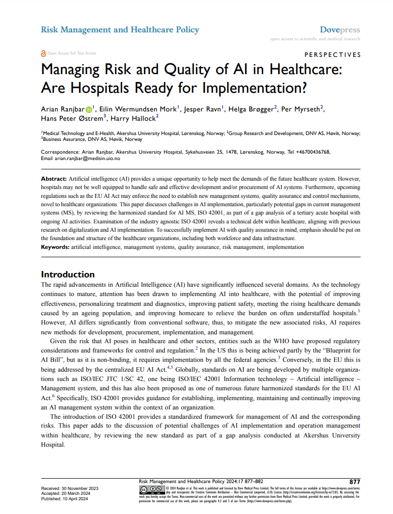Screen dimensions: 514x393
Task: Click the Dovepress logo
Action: (340, 30)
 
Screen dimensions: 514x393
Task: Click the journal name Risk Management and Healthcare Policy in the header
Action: (120, 30)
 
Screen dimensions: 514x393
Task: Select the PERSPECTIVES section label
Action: (333, 55)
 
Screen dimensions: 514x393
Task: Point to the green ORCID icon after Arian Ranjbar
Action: (89, 109)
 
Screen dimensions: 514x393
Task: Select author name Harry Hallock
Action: (136, 119)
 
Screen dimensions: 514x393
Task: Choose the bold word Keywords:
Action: (55, 247)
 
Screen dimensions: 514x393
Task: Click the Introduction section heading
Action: (68, 274)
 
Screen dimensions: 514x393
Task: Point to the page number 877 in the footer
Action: (354, 482)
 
